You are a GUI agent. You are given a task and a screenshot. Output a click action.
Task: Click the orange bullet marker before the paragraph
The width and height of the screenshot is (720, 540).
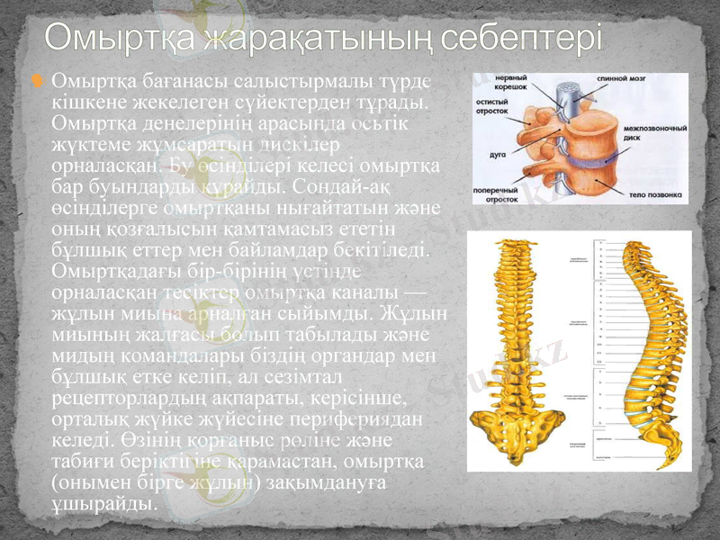point(37,84)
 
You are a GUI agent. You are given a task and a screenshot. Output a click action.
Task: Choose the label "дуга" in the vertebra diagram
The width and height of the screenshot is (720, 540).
point(496,154)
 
